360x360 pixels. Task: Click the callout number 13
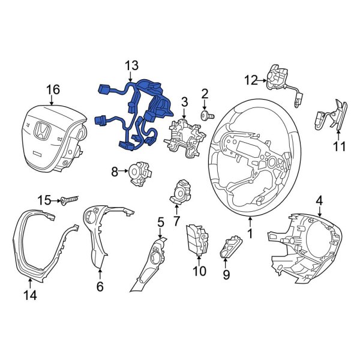tap(131, 65)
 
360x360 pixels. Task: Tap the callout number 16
tap(53, 89)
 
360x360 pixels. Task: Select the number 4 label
tap(319, 200)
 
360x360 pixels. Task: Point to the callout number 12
tap(250, 79)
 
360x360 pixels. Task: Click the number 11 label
tap(340, 146)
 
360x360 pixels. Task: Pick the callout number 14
tap(29, 295)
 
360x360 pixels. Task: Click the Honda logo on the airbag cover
tap(43, 131)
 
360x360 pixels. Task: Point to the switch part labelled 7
tap(180, 191)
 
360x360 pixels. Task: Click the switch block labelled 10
tap(197, 239)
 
